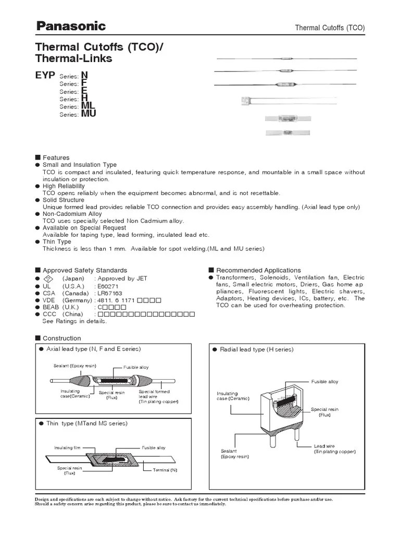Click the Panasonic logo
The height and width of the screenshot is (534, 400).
[x=70, y=26]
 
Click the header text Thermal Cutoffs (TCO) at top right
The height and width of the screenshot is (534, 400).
[x=330, y=28]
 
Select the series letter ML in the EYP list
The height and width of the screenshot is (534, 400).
[x=88, y=106]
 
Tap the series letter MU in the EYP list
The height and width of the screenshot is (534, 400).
[x=89, y=114]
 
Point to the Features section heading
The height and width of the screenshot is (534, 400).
[x=56, y=157]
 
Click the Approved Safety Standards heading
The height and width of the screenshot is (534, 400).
[x=84, y=270]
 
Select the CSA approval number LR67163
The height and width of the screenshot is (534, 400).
[x=109, y=294]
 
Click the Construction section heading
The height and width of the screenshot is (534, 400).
[x=61, y=338]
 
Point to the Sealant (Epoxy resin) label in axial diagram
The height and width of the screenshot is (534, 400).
[x=75, y=366]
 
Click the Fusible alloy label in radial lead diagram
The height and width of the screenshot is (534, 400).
[x=324, y=382]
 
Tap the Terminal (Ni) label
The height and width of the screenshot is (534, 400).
[x=165, y=470]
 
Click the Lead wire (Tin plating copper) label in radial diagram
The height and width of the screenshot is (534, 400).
[x=334, y=448]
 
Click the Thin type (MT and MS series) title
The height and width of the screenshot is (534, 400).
[x=86, y=423]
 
